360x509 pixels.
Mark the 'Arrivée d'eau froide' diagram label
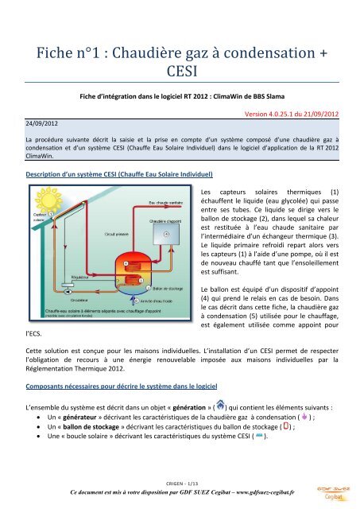point(163,301)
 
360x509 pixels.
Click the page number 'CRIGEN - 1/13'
point(179,482)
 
